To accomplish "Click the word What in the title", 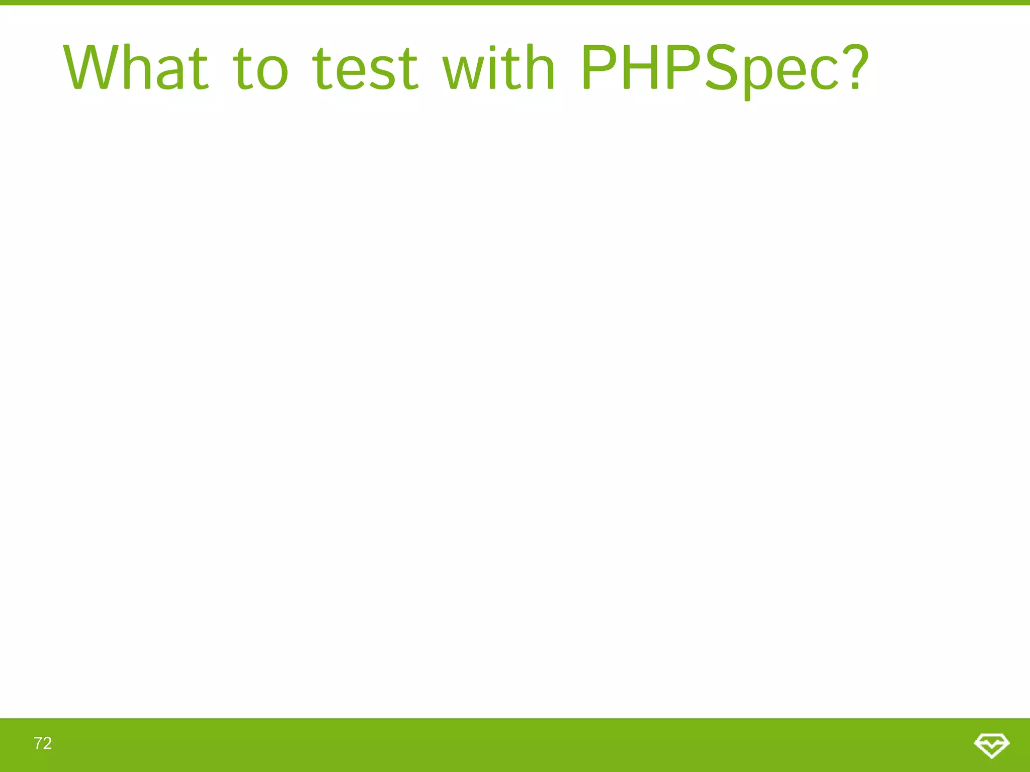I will (x=136, y=68).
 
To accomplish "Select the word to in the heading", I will (x=261, y=68).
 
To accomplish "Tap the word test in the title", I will (x=365, y=68).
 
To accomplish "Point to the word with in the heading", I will (x=498, y=68).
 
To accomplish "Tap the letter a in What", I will (x=174, y=73).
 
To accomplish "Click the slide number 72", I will (x=43, y=743).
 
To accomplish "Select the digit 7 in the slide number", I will (x=38, y=743).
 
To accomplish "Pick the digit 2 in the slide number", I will (x=47, y=743).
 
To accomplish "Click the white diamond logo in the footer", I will (x=991, y=744).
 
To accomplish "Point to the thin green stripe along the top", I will (x=515, y=3).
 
